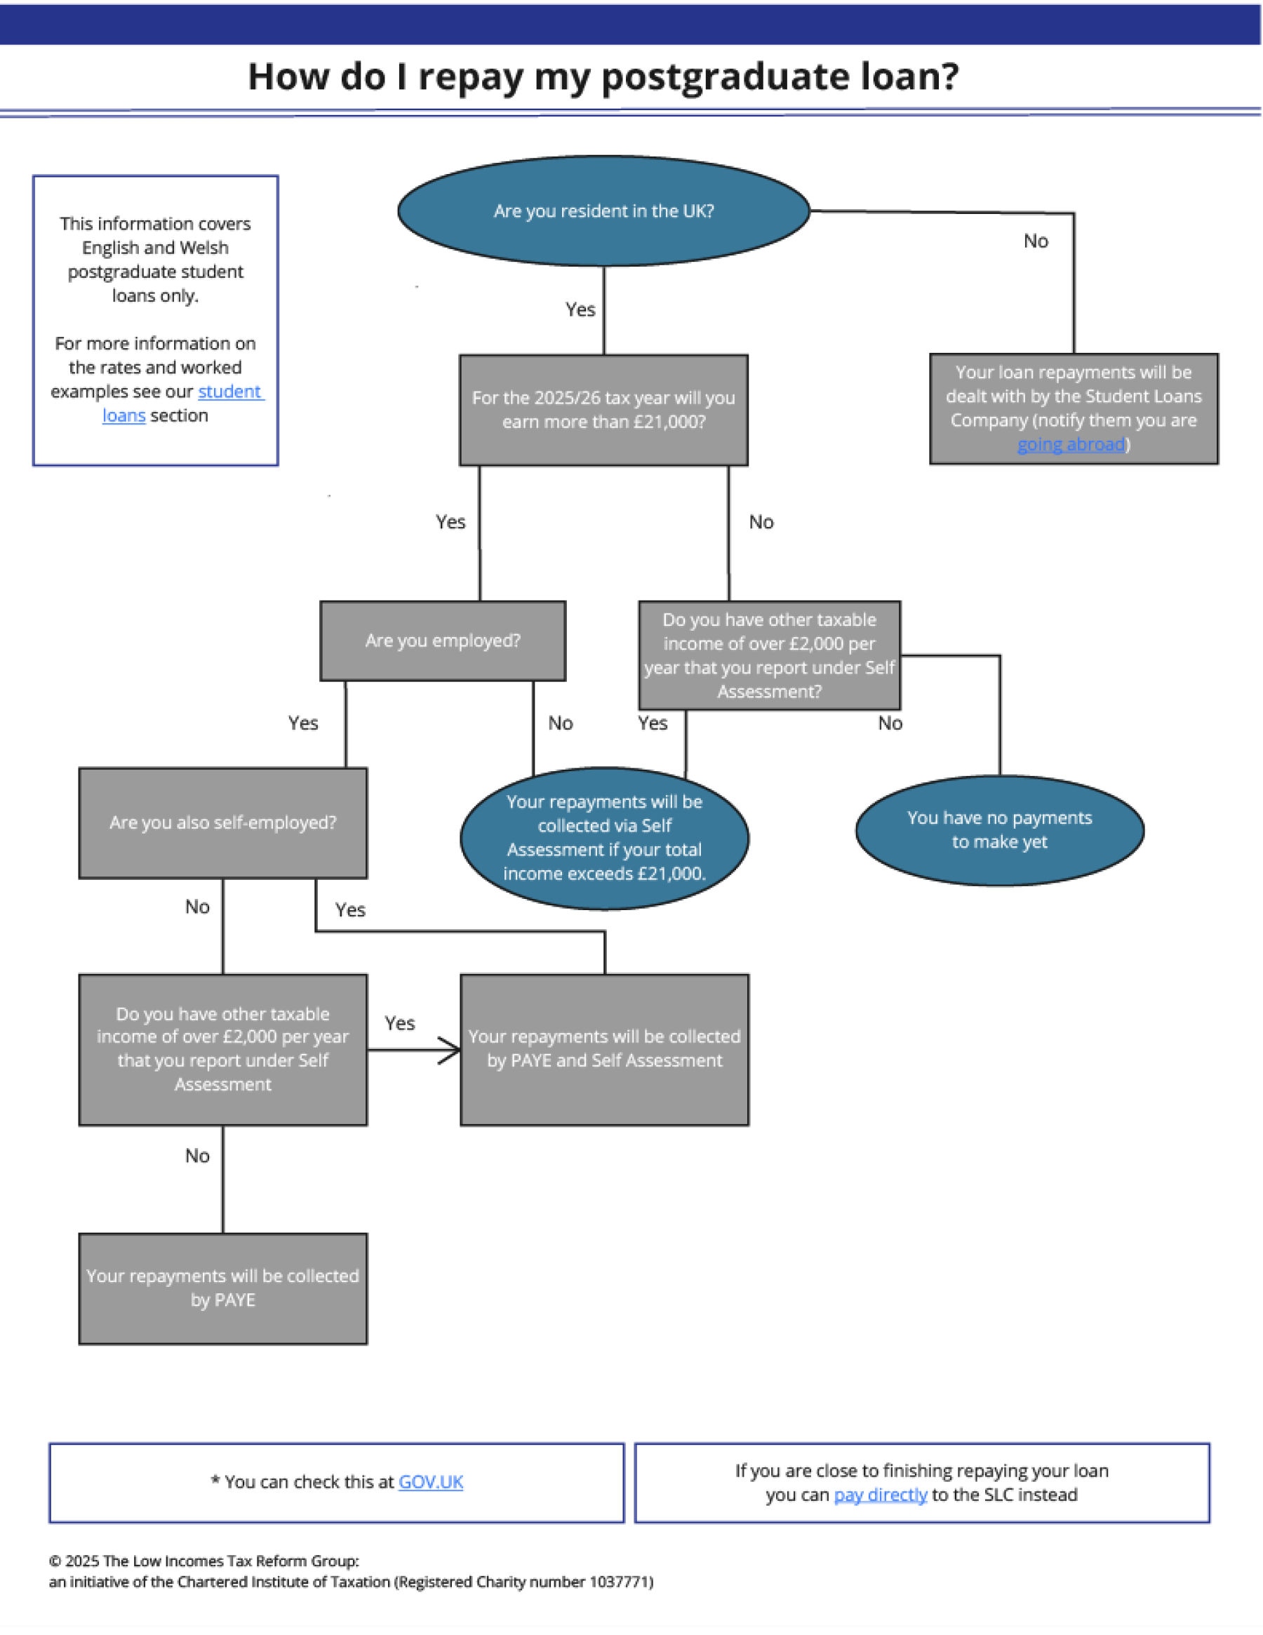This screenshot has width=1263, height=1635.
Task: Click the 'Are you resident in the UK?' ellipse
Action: [603, 211]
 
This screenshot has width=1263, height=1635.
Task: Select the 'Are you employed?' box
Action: [443, 641]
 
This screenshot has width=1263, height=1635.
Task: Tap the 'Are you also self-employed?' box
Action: [222, 822]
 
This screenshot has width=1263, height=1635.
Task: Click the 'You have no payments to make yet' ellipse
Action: [999, 830]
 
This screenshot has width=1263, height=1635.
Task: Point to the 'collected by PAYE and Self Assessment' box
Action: [604, 1049]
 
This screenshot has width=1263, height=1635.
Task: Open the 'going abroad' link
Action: [1071, 445]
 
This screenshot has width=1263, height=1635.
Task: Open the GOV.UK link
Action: [431, 1481]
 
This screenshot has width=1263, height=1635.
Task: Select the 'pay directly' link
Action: [880, 1494]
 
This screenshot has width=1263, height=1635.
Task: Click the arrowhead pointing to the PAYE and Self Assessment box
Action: [451, 1050]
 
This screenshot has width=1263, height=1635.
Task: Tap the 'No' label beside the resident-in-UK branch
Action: [1036, 241]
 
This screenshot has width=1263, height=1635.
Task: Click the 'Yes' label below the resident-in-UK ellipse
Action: [580, 309]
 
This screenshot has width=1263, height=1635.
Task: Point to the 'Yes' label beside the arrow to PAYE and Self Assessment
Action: [399, 1022]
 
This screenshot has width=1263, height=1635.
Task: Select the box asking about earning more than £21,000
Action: [603, 410]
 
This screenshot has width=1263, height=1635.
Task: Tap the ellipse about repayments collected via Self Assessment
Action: [604, 838]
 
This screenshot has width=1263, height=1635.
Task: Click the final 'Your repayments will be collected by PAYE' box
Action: [222, 1288]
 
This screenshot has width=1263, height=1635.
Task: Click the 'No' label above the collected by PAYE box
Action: [197, 1155]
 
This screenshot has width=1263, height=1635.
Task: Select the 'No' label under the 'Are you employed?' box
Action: [560, 723]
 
